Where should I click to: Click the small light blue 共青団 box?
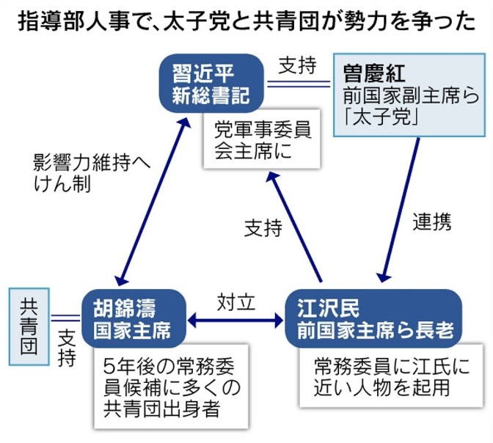[29, 326]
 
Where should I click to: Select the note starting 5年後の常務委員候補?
[173, 387]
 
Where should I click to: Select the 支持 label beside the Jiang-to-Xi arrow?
[263, 228]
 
